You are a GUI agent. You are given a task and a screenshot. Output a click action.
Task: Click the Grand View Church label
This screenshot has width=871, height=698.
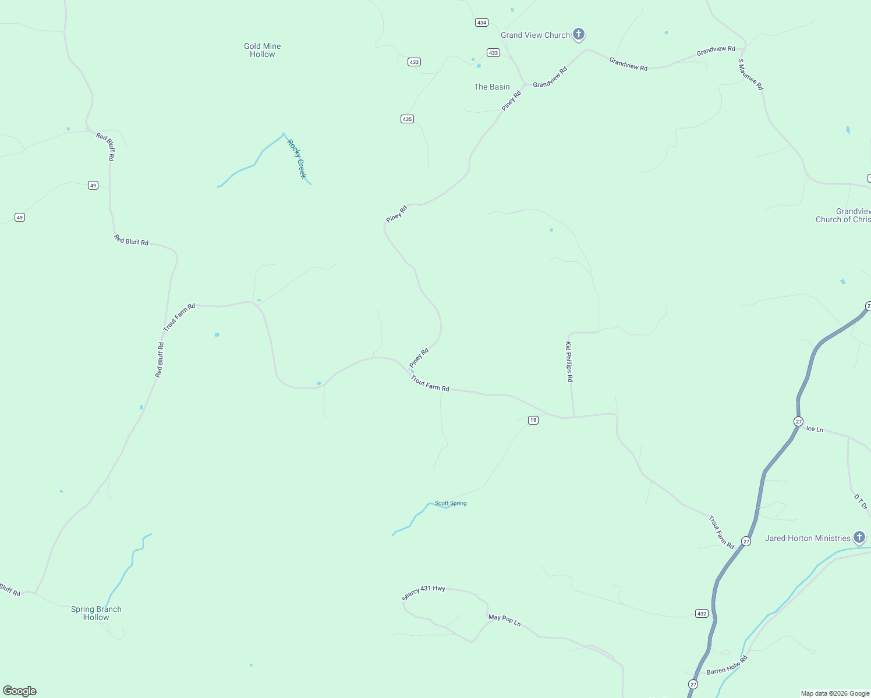click(535, 35)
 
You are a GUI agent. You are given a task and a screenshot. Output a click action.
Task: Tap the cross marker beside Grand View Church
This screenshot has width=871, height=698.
click(578, 34)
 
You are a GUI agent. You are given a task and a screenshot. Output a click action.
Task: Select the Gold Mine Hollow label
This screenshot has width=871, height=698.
click(262, 50)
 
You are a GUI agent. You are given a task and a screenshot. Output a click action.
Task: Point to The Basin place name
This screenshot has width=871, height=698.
click(491, 87)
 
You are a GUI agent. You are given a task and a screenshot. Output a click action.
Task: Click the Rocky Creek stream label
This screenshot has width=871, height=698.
click(297, 159)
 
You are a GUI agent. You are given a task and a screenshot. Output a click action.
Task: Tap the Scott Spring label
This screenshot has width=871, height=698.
click(451, 504)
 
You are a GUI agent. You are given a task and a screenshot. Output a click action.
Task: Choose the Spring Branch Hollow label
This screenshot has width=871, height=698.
click(96, 613)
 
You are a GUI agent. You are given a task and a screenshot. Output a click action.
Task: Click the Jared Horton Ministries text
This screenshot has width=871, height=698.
click(808, 539)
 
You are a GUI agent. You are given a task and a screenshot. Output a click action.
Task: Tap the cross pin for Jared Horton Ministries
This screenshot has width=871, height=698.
click(859, 537)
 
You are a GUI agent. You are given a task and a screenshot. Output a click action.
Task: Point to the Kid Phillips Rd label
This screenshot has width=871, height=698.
click(569, 362)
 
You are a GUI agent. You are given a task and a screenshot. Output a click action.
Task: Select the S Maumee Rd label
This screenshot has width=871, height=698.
click(750, 74)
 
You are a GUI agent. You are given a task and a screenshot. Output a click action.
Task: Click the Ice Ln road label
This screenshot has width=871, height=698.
click(815, 429)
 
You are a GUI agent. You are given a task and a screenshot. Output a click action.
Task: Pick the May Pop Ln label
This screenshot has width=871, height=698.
click(504, 620)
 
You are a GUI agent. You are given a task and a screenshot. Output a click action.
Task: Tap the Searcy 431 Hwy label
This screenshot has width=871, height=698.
click(424, 592)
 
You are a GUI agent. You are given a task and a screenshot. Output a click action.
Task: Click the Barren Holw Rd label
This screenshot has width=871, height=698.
click(727, 665)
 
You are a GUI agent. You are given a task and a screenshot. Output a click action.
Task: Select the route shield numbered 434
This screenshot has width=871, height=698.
click(481, 23)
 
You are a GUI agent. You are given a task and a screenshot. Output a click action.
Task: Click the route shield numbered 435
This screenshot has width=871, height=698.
click(407, 119)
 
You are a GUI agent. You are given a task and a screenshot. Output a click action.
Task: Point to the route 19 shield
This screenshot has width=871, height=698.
click(533, 420)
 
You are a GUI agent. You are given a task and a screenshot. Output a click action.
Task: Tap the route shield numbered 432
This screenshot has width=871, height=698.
click(702, 614)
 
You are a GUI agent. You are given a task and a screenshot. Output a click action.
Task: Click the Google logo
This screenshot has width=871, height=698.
click(20, 691)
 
